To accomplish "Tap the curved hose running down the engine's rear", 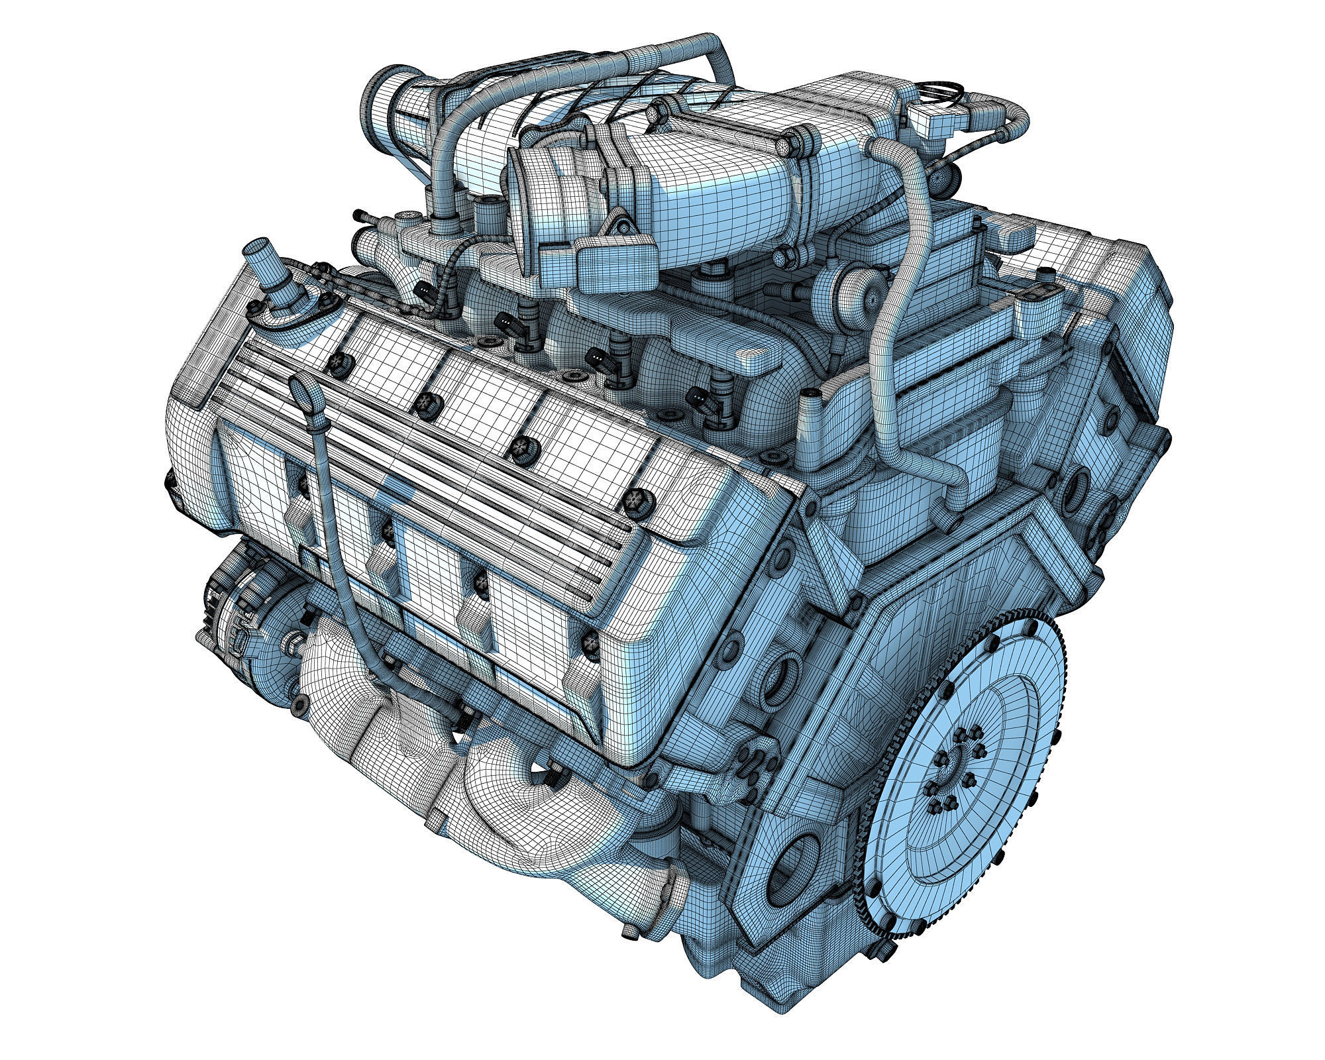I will (x=894, y=331).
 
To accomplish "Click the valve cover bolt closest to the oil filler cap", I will (x=338, y=360).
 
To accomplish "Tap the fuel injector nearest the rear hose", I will (x=702, y=397).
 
